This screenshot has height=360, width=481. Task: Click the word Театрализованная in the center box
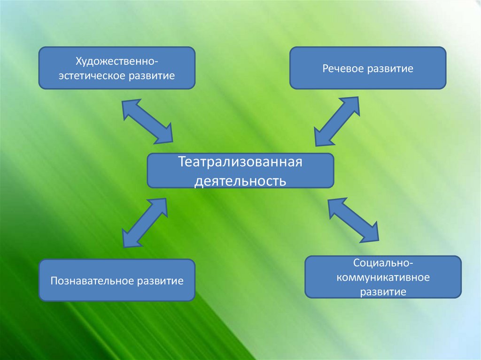[x=240, y=163]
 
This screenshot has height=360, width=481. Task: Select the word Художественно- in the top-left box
[x=116, y=61]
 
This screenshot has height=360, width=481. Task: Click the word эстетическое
[x=94, y=75]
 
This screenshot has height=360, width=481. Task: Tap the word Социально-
[x=383, y=263]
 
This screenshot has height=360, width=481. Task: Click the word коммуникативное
[x=383, y=277]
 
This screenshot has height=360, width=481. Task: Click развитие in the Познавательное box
[x=160, y=282]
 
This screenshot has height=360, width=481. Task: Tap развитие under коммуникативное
[x=383, y=291]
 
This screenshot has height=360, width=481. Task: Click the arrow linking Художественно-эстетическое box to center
[x=147, y=121]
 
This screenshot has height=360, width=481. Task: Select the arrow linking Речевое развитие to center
[x=337, y=122]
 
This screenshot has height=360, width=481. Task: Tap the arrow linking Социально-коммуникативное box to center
[x=353, y=220]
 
